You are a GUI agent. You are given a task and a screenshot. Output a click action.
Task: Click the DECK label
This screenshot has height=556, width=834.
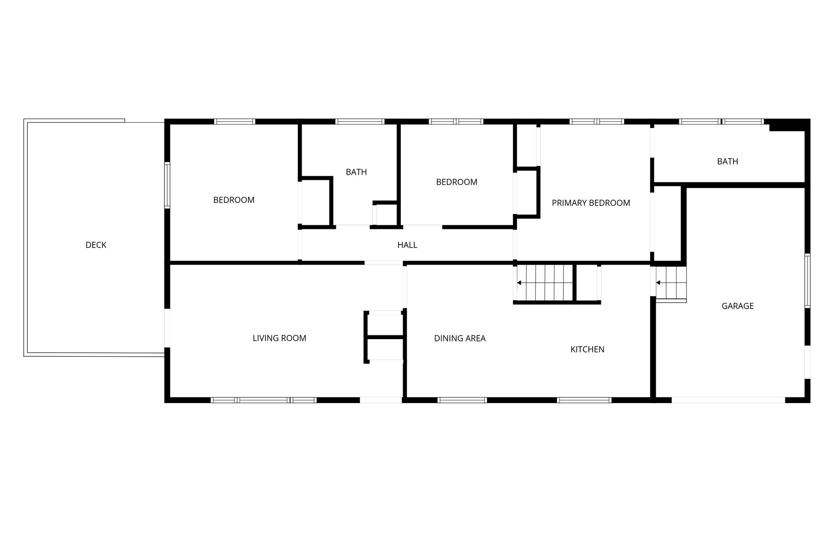point(96,245)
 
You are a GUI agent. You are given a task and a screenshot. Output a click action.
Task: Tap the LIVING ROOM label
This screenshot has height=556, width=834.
point(279,338)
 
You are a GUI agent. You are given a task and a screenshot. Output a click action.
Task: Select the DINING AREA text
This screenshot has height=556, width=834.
point(460,339)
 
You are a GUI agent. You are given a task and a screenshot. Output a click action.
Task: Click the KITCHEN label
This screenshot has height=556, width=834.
point(587,349)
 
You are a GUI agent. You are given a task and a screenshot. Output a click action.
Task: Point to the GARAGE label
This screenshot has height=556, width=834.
point(738,306)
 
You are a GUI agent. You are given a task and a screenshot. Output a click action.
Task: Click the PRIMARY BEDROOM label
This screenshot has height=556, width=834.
point(591,203)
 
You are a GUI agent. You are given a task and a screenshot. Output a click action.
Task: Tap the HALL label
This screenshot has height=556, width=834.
point(407,245)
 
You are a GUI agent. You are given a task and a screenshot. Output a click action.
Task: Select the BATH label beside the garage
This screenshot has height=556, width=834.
point(727,161)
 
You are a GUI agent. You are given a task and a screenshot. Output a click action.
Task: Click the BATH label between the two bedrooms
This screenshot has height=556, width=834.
point(356,172)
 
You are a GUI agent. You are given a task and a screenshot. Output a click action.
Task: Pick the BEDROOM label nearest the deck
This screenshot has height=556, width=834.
point(234,200)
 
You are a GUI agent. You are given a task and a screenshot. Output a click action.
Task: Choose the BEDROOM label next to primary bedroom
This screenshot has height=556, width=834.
point(457,182)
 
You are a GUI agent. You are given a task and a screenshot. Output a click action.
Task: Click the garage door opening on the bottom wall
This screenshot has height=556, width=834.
point(728,400)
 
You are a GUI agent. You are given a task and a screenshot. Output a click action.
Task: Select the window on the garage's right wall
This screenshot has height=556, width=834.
point(807,281)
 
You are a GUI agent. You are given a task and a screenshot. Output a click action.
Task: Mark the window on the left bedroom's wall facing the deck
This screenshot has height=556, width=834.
point(167,184)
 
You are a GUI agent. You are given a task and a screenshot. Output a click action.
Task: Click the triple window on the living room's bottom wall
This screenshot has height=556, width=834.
point(264,400)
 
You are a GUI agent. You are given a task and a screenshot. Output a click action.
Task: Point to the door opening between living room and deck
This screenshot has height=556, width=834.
point(167,328)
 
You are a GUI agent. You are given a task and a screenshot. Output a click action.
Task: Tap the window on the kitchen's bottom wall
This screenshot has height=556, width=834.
point(584,400)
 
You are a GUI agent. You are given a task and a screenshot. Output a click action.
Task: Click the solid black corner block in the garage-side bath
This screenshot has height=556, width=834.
point(787,125)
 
